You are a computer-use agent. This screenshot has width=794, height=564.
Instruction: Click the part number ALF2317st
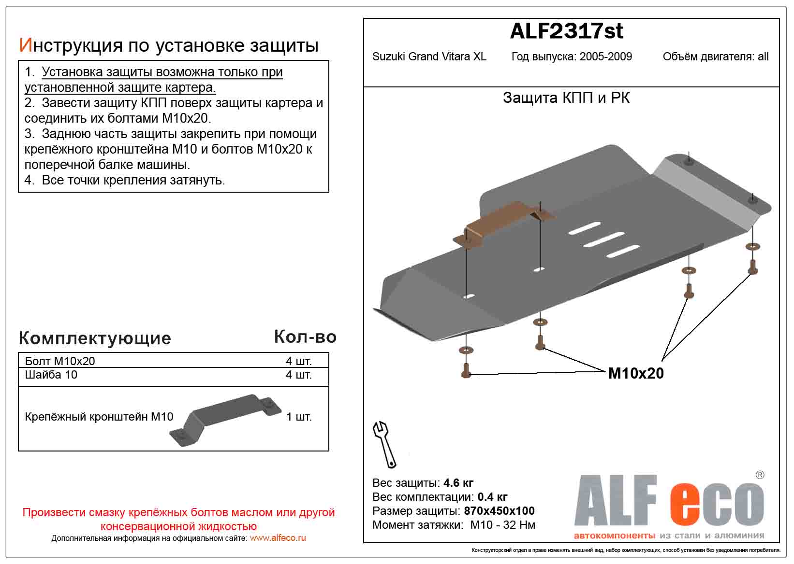(x=566, y=31)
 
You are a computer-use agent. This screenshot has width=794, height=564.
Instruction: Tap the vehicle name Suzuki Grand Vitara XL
(x=429, y=57)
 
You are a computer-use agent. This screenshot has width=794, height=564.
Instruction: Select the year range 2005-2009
(x=606, y=57)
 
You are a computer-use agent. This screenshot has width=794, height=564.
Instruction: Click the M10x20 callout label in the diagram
(x=636, y=373)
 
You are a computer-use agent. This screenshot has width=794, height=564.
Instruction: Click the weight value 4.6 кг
(x=458, y=483)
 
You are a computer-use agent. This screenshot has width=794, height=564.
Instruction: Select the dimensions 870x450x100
(x=499, y=511)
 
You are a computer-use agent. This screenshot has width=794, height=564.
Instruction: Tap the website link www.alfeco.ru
(x=278, y=538)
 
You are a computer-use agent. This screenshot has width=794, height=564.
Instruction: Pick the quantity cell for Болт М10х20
(x=299, y=361)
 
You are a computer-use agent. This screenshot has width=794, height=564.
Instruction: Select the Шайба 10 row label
(x=51, y=375)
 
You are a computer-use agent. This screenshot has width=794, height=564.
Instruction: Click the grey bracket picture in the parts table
(x=225, y=418)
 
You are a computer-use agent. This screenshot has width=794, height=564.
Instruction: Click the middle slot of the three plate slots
(x=604, y=239)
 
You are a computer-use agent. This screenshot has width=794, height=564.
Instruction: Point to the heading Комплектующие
(x=95, y=338)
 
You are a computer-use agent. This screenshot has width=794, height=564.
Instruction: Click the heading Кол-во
(x=305, y=337)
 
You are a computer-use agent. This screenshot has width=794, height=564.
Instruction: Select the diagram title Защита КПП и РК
(x=566, y=98)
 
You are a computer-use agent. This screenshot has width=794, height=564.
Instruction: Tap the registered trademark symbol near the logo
(x=760, y=475)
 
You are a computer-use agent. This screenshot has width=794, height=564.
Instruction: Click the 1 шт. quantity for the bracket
(x=299, y=417)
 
